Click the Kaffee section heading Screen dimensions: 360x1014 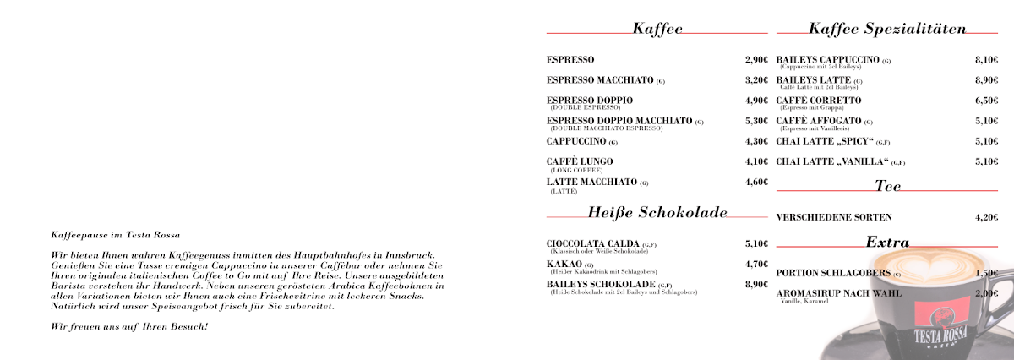[657, 30]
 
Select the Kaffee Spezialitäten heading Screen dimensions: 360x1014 [886, 30]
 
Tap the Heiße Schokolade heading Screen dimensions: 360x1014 [657, 212]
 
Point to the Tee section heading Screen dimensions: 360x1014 [888, 186]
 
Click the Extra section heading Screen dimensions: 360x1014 [887, 243]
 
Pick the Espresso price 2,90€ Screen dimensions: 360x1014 [756, 60]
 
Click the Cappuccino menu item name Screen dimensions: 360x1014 [576, 141]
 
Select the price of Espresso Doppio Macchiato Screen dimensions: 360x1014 [756, 121]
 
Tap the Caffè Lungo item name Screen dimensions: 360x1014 [580, 161]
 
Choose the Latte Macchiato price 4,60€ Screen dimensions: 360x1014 [756, 182]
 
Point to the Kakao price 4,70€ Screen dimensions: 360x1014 [756, 265]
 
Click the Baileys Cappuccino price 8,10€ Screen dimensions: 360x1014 [986, 60]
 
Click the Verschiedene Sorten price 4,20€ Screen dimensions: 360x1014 [986, 217]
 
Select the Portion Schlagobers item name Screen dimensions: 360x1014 [833, 273]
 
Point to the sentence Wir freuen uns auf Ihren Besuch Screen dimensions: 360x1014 [129, 327]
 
